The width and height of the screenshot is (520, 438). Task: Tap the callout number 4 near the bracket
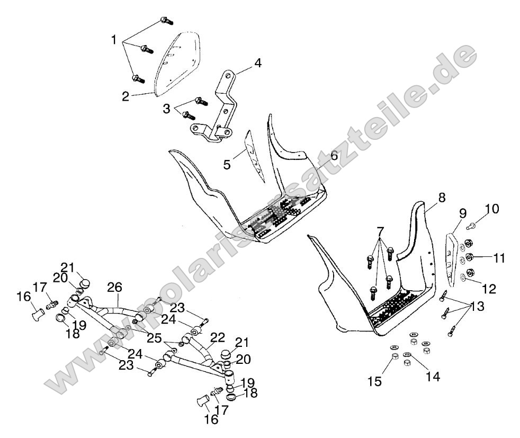pyautogui.click(x=257, y=63)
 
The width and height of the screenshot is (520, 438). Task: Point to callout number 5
pyautogui.click(x=227, y=165)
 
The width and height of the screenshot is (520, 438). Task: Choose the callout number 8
pyautogui.click(x=442, y=198)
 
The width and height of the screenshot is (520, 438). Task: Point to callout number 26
pyautogui.click(x=115, y=287)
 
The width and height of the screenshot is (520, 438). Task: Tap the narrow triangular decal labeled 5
pyautogui.click(x=257, y=156)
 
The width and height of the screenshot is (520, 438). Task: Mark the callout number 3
pyautogui.click(x=168, y=109)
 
